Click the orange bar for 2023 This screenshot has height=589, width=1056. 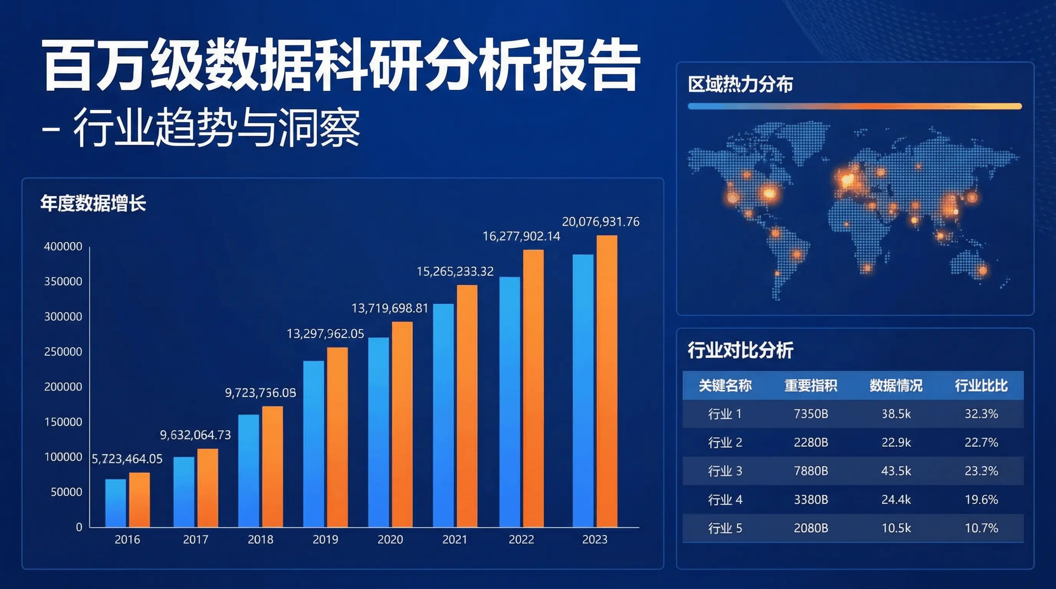[607, 381]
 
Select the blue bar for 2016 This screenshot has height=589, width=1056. [115, 503]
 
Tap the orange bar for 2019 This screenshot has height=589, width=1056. [337, 437]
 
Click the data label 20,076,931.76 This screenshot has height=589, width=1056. [601, 222]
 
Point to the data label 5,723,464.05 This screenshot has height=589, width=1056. [127, 459]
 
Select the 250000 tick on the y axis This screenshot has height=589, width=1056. [63, 351]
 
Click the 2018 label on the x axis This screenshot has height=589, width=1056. [260, 540]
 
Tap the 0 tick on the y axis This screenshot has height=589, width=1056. [79, 527]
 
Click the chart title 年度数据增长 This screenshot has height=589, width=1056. [93, 204]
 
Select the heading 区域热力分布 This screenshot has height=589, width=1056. [740, 84]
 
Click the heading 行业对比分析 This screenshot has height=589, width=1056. [740, 350]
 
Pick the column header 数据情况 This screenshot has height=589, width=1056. [896, 385]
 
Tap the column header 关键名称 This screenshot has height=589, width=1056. [725, 385]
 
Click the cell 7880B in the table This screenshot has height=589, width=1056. [810, 471]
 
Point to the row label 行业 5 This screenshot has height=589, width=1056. [725, 528]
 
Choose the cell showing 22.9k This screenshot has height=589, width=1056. [896, 443]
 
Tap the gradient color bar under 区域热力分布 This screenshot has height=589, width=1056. [855, 107]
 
